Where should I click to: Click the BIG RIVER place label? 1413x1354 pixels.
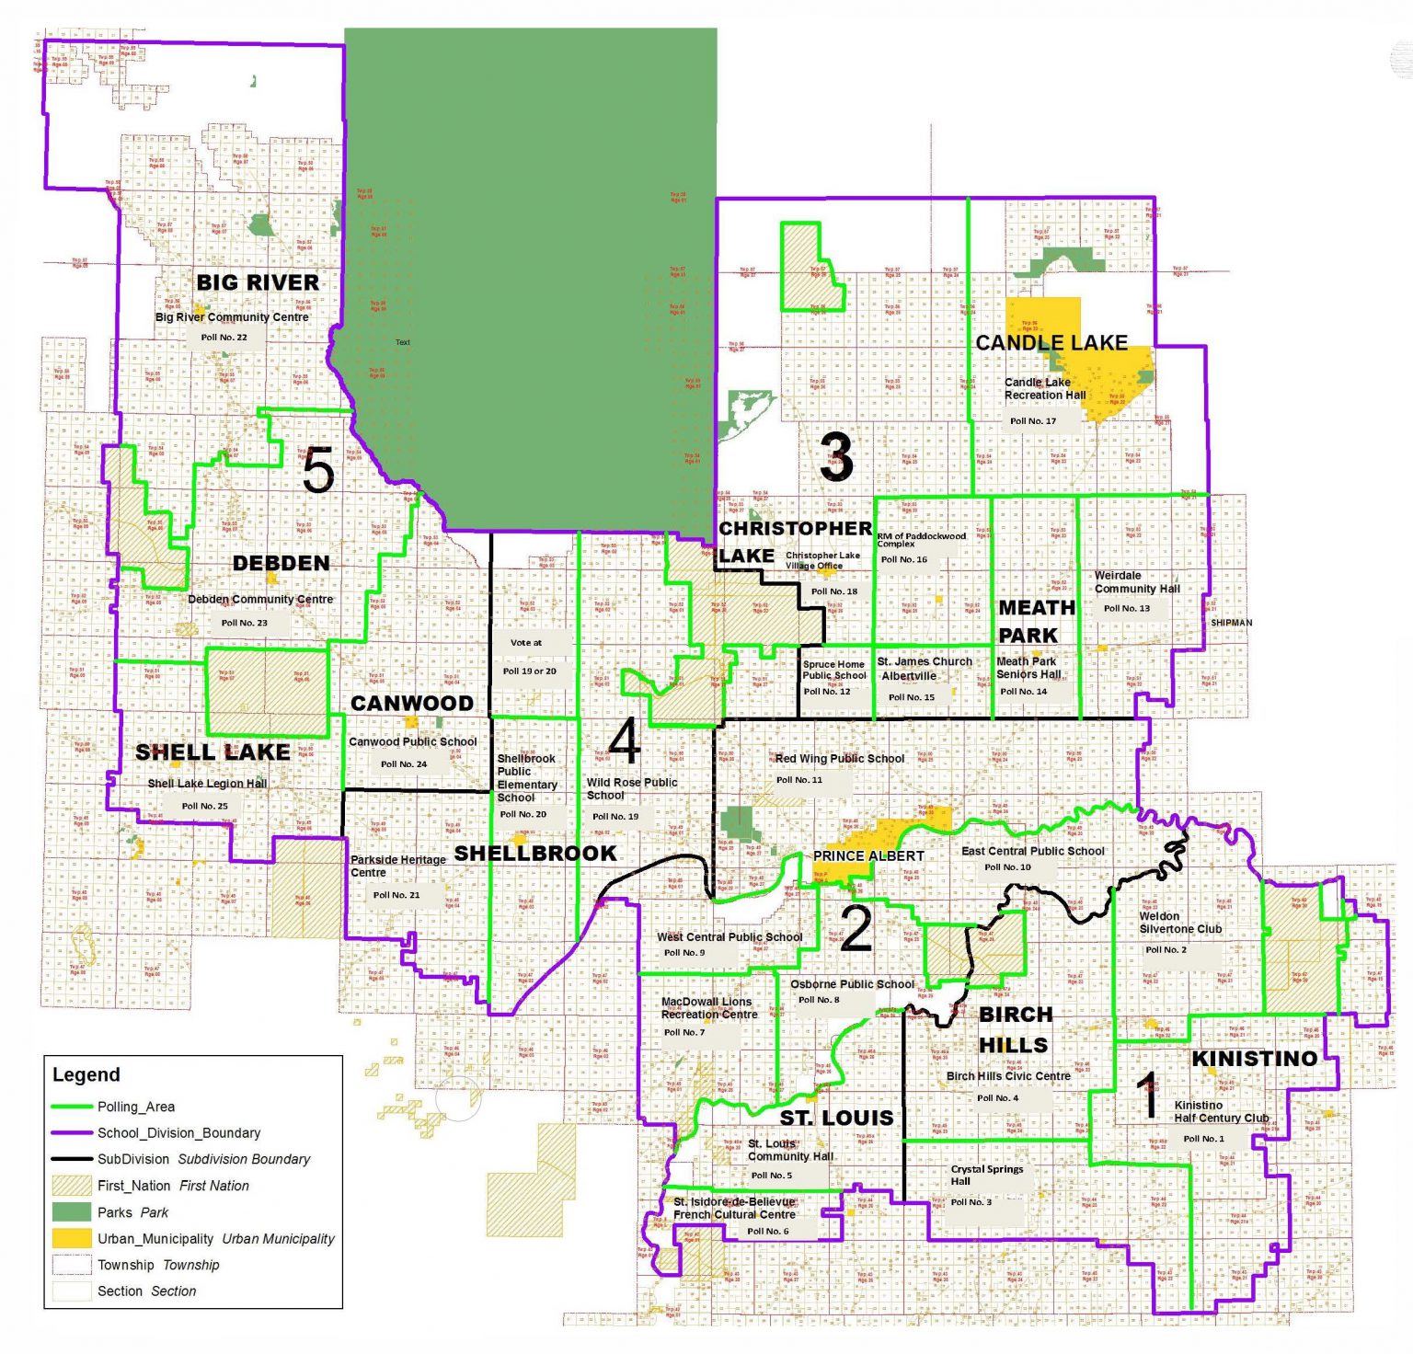[258, 282]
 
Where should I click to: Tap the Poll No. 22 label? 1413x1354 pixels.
[224, 338]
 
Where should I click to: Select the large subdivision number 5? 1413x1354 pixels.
[318, 471]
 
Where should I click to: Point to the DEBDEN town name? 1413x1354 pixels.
[281, 563]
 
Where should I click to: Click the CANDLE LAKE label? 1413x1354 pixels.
[1051, 343]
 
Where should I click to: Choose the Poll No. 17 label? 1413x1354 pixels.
[1033, 421]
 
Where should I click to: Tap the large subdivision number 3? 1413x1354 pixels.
[836, 457]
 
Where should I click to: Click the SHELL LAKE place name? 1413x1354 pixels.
[213, 752]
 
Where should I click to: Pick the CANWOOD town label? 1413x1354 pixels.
[412, 704]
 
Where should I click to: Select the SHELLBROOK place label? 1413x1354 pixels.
[535, 854]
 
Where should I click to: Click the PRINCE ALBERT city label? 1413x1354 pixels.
[868, 856]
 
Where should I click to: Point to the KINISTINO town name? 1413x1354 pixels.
[1255, 1059]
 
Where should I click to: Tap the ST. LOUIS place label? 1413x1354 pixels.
[836, 1119]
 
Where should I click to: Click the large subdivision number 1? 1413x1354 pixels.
[1146, 1096]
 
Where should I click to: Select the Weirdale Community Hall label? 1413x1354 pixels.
[1137, 582]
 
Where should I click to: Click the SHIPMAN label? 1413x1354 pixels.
[1231, 623]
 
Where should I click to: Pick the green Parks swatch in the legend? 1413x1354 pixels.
[72, 1212]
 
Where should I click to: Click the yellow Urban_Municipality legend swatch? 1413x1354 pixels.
[72, 1239]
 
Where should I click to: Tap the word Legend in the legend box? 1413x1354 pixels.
[86, 1075]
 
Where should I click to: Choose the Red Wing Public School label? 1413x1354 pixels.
[839, 759]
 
